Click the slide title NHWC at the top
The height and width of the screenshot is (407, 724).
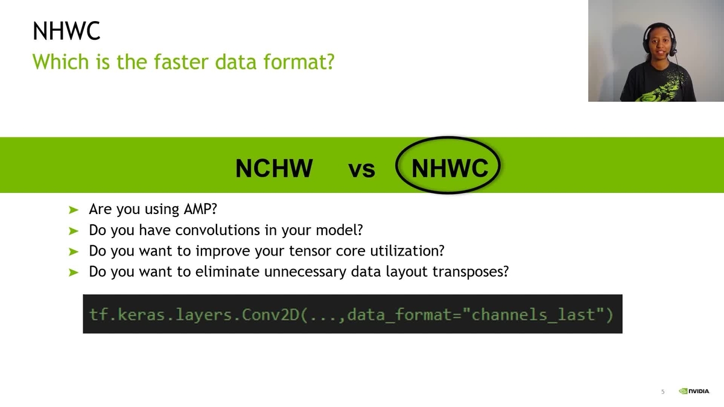[x=66, y=31]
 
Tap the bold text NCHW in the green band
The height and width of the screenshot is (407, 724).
[x=274, y=169]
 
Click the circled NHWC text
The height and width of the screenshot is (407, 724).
[x=449, y=168]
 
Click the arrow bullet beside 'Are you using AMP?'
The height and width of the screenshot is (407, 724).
[x=74, y=210]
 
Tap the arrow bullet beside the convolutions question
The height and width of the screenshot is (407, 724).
[x=74, y=231]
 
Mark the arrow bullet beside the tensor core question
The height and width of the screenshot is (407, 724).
[x=74, y=251]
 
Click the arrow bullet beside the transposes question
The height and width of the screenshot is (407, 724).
[x=74, y=273]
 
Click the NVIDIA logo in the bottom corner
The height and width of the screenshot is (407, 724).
[x=694, y=391]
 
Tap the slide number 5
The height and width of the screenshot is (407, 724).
[x=662, y=392]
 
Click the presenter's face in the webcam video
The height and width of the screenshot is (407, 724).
[x=657, y=42]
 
